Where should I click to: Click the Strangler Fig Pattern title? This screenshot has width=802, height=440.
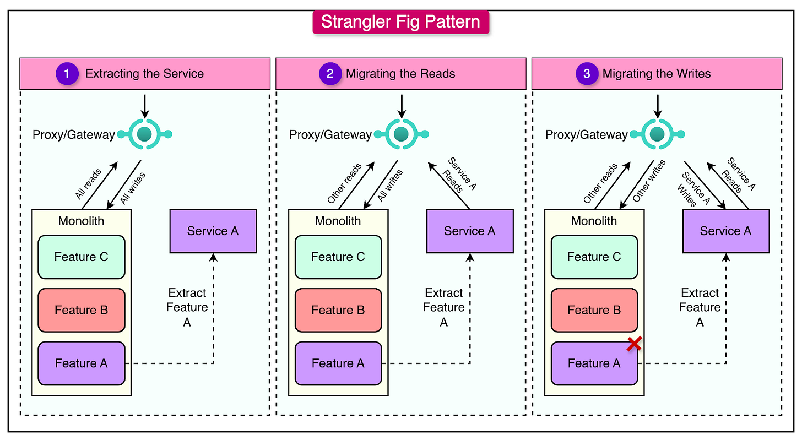[400, 22]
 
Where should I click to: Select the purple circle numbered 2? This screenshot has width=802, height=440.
[329, 74]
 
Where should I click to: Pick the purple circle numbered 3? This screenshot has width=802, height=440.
[586, 74]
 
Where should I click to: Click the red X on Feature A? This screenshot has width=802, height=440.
[634, 344]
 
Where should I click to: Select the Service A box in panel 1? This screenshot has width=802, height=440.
[213, 231]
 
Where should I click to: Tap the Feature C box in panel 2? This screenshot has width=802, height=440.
[338, 257]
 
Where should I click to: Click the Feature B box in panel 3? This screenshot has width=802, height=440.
[594, 310]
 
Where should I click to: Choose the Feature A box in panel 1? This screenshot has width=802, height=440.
[81, 363]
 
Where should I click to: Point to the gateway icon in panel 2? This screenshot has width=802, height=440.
[400, 134]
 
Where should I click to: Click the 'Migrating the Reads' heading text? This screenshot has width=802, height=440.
[400, 74]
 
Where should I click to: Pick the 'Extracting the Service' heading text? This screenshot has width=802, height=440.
[144, 74]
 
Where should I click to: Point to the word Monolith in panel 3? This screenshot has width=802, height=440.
[594, 221]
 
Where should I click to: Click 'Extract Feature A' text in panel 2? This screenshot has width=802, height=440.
[443, 307]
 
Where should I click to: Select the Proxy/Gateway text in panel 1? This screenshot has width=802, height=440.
[73, 134]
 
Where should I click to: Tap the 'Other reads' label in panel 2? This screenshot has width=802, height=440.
[344, 183]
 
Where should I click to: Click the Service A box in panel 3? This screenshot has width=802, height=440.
[725, 231]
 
